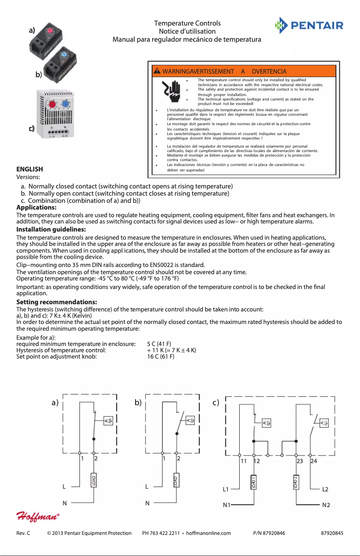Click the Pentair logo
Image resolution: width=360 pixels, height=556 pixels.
pyautogui.click(x=309, y=25)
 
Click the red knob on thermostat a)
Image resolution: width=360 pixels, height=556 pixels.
pyautogui.click(x=50, y=31)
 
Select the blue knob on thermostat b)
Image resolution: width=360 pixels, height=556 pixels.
pyautogui.click(x=64, y=55)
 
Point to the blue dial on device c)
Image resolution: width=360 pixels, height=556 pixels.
pyautogui.click(x=65, y=104)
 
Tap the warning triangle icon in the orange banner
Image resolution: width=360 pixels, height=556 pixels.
pyautogui.click(x=157, y=71)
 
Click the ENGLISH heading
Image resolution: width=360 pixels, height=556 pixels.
pyautogui.click(x=30, y=169)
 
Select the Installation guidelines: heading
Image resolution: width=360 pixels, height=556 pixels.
pyautogui.click(x=51, y=229)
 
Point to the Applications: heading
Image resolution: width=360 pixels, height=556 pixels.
pyautogui.click(x=36, y=207)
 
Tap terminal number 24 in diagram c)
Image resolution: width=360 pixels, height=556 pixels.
pyautogui.click(x=314, y=461)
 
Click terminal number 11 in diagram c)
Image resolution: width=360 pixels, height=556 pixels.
pyautogui.click(x=244, y=461)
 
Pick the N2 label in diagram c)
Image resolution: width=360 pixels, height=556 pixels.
pyautogui.click(x=326, y=505)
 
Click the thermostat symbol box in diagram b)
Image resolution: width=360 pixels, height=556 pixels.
pyautogui.click(x=191, y=420)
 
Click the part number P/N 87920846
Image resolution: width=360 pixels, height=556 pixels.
pyautogui.click(x=269, y=534)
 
